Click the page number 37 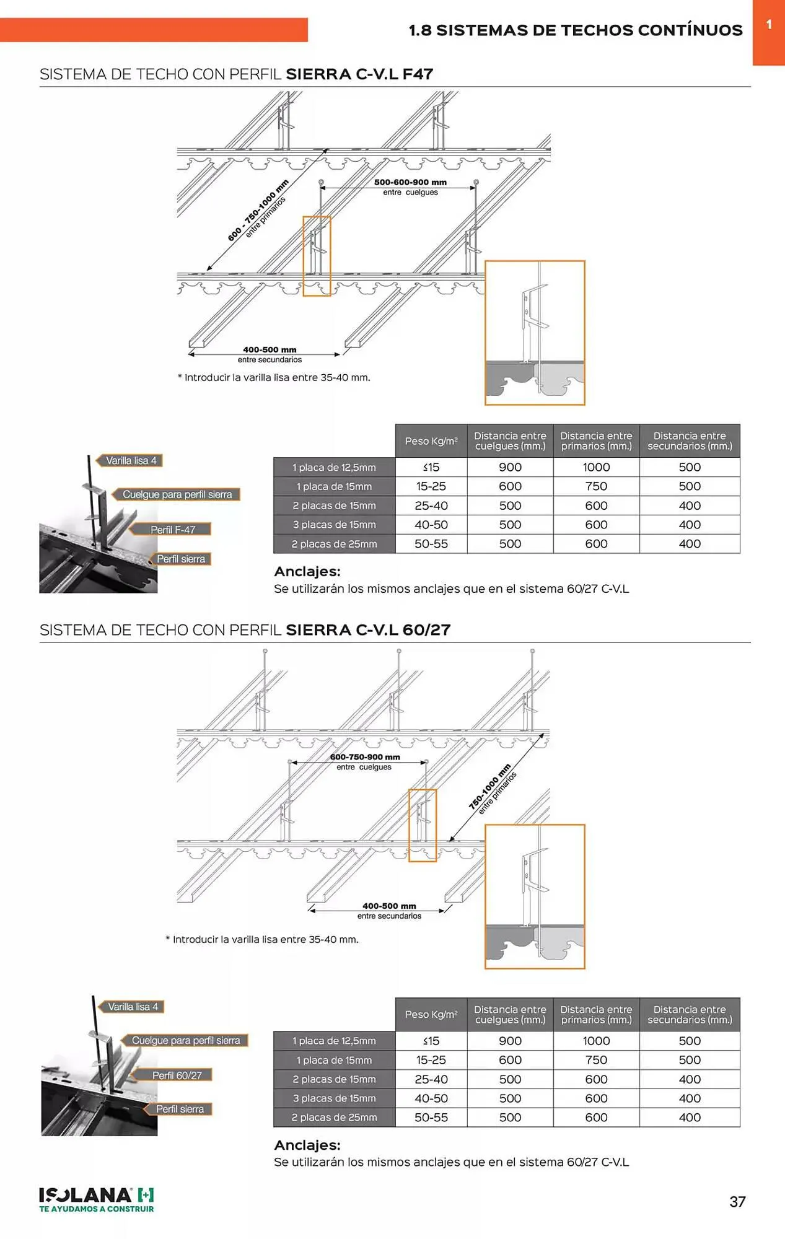(737, 1201)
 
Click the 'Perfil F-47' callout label (172, 530)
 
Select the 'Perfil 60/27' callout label (177, 1075)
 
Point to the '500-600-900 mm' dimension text (410, 182)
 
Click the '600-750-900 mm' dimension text (365, 757)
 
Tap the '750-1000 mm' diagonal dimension (489, 787)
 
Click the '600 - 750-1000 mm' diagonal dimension (258, 210)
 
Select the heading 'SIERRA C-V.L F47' (359, 74)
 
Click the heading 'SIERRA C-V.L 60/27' (368, 630)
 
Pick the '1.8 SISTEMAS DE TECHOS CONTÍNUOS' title (576, 30)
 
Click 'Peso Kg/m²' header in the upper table (431, 441)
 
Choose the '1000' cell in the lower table (596, 1041)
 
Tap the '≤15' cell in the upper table (431, 467)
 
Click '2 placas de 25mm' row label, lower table (335, 1118)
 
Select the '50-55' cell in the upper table (431, 544)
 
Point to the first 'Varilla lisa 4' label (131, 460)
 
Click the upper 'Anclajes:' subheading (307, 572)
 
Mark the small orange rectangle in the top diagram (317, 256)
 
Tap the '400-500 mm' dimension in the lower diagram (389, 906)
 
